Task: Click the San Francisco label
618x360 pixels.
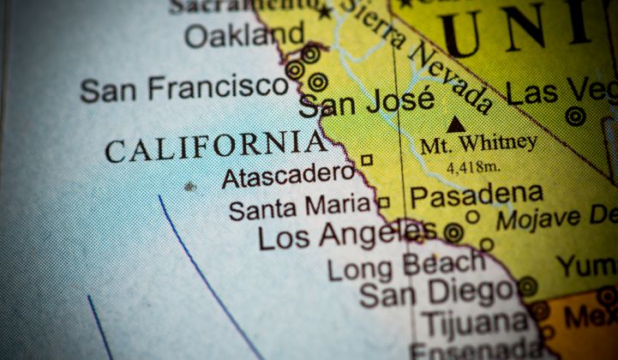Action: tap(184, 87)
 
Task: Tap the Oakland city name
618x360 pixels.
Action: tap(244, 36)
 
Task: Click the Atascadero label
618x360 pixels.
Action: tap(288, 176)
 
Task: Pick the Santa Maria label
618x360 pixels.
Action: tap(300, 207)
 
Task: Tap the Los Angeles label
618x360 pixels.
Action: tap(347, 234)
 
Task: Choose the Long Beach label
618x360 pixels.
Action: tap(406, 265)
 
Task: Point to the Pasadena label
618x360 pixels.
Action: tap(476, 195)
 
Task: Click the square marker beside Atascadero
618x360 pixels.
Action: tap(366, 159)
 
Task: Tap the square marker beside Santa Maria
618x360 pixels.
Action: tap(384, 203)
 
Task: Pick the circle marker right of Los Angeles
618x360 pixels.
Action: tap(453, 231)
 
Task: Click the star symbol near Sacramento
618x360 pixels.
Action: tap(324, 12)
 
